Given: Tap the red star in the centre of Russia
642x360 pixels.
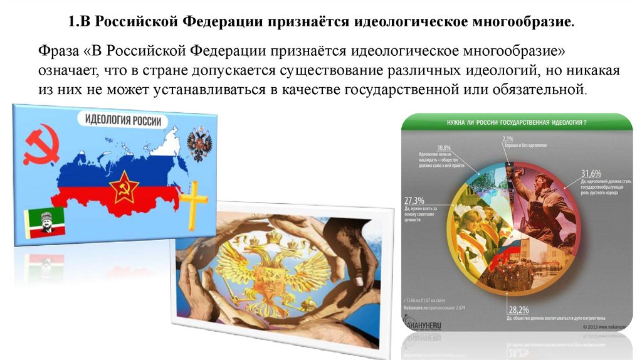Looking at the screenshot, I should pyautogui.click(x=124, y=186).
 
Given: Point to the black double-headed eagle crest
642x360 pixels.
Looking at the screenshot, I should pyautogui.click(x=200, y=144).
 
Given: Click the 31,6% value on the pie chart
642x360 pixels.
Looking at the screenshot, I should pyautogui.click(x=591, y=173).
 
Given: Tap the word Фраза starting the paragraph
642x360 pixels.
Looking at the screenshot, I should pyautogui.click(x=60, y=50).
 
